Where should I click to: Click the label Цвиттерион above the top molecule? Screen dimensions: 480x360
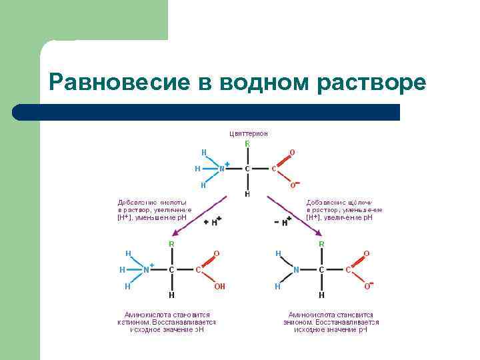tap(248, 133)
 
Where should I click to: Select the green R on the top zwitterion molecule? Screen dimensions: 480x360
tap(247, 144)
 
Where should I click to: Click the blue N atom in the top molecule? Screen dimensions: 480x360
tap(222, 169)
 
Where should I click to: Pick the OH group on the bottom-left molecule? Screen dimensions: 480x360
tap(219, 286)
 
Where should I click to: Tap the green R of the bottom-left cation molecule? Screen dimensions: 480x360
tap(171, 244)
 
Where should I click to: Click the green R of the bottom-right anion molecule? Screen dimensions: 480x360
tap(321, 244)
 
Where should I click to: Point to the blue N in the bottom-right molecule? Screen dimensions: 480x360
tap(297, 269)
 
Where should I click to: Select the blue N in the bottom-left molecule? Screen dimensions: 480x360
tap(146, 269)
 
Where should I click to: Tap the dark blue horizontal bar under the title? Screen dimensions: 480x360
tap(207, 112)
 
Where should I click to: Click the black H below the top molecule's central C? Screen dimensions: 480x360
tap(247, 194)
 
